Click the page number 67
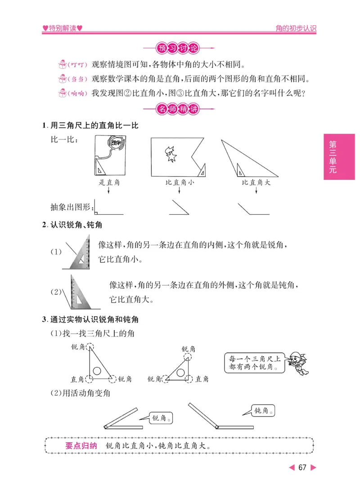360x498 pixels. (302, 467)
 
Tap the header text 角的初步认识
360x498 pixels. (296, 28)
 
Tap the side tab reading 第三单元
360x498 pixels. (333, 157)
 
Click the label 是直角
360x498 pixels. (109, 183)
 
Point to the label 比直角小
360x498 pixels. (180, 183)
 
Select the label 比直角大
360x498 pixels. (256, 183)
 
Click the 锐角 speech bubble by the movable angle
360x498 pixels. (161, 418)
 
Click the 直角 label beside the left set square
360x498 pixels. (77, 379)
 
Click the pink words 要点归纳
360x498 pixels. (81, 446)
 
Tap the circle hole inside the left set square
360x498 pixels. (97, 371)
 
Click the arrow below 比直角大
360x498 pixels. (256, 191)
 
